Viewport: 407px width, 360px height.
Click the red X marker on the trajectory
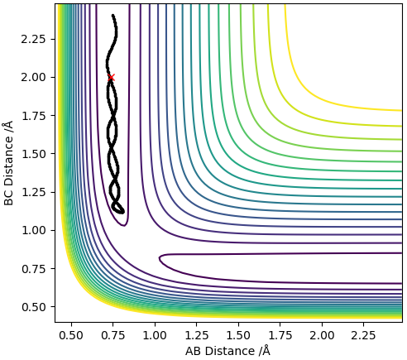(111, 78)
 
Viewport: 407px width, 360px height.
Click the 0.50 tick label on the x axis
(71, 335)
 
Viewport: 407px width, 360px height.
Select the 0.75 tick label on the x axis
(113, 335)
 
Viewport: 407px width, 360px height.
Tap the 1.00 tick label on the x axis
(155, 335)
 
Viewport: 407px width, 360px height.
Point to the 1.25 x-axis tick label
(197, 335)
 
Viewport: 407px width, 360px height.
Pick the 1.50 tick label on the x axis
(238, 335)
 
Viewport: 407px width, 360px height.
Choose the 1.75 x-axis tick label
(280, 335)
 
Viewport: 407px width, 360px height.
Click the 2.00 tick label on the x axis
(322, 335)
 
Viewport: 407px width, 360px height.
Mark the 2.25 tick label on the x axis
(364, 335)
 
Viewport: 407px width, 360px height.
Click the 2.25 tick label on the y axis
(33, 39)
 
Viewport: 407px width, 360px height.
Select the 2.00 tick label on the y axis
(33, 78)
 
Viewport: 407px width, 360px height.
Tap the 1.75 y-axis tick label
(33, 116)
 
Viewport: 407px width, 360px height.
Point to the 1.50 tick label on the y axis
(33, 154)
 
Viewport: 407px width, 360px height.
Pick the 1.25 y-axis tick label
(33, 192)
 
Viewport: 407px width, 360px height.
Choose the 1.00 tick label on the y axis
(33, 230)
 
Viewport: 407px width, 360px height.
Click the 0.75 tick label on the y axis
(33, 269)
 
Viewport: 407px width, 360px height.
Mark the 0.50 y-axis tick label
(33, 307)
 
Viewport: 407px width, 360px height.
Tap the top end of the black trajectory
(113, 16)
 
